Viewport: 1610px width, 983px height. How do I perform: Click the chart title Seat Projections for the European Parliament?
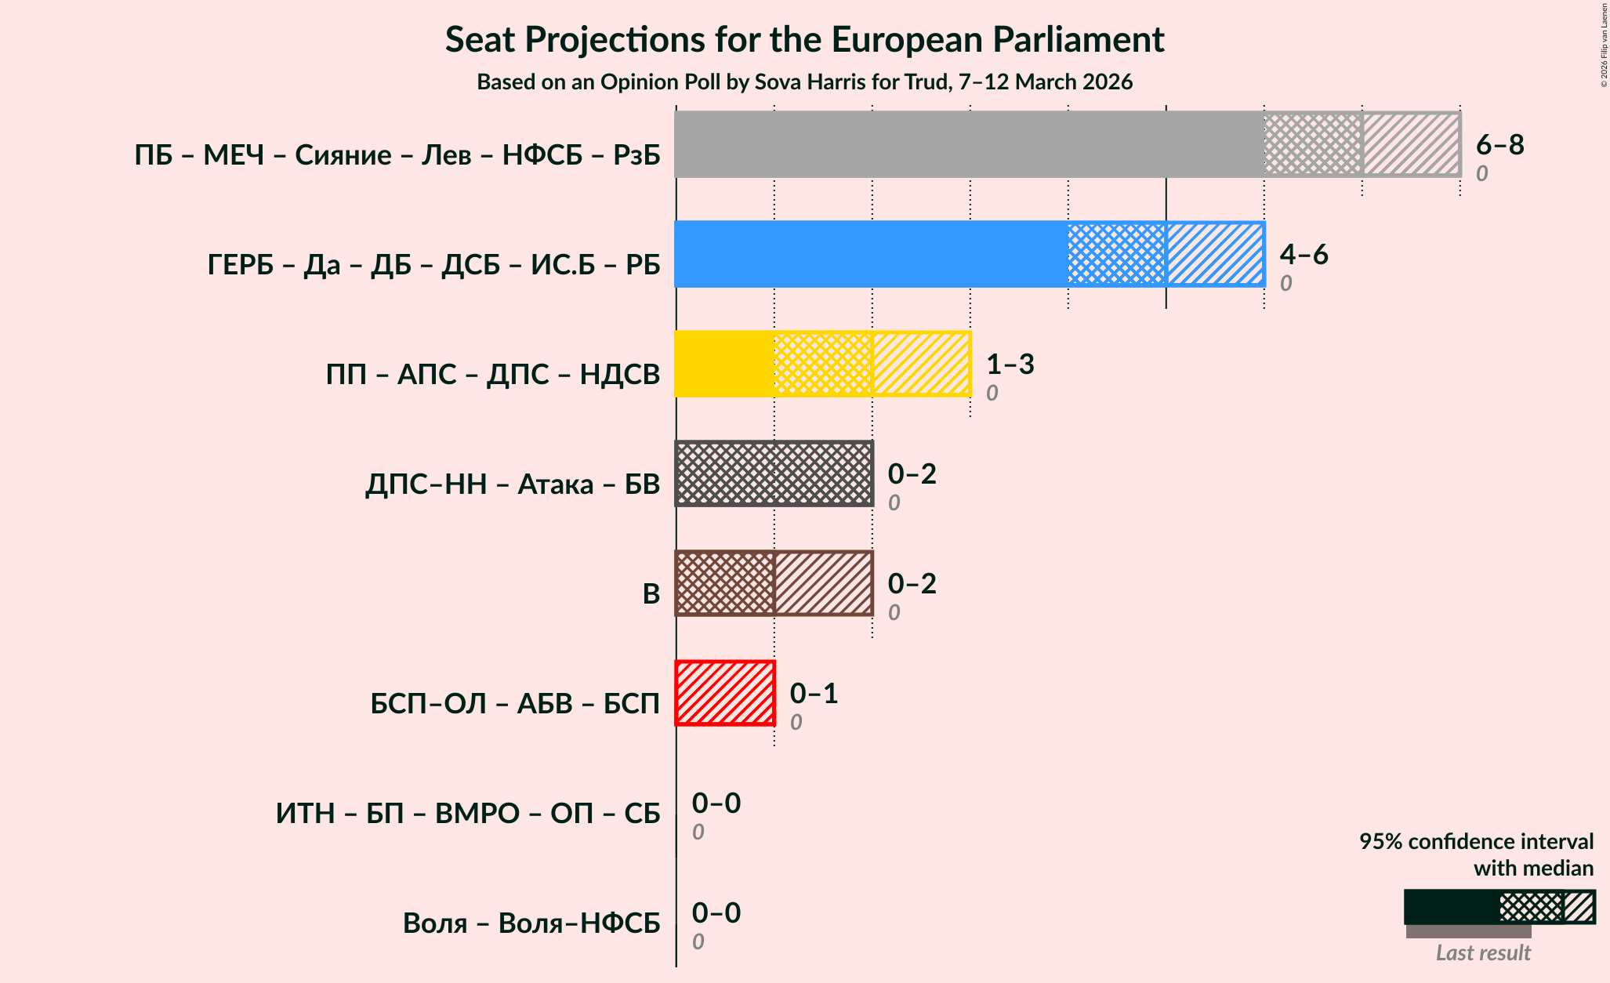pos(804,40)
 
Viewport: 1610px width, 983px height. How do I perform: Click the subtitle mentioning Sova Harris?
pos(804,82)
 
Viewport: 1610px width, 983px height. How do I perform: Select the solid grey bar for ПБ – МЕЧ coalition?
pos(968,144)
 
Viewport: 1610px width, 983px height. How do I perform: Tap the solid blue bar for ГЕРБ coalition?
pos(870,254)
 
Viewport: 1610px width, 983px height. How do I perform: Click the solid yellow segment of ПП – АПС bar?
pos(724,364)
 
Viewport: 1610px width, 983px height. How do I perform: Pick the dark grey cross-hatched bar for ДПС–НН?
pos(774,473)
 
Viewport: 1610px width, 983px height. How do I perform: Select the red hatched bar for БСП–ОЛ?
pos(725,693)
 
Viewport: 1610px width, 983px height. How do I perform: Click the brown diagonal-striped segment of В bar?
pos(823,583)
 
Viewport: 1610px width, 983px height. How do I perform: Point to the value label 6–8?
pos(1499,144)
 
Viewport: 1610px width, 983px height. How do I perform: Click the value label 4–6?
pos(1304,254)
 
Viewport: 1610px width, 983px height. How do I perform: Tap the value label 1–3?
pos(1010,364)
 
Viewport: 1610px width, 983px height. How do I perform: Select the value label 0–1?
pos(814,693)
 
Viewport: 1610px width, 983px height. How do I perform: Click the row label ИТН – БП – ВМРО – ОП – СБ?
pos(468,814)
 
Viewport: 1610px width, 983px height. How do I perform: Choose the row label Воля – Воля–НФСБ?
pos(531,923)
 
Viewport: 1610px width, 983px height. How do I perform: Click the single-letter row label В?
pos(651,594)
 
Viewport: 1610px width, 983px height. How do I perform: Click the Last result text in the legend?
pos(1482,952)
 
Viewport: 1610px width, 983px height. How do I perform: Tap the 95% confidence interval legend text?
pos(1476,842)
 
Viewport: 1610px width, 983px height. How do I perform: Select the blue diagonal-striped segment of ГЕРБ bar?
pos(1215,254)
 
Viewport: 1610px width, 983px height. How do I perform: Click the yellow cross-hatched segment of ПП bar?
pos(822,364)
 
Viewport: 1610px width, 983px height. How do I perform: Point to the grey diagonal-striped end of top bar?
pos(1411,144)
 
